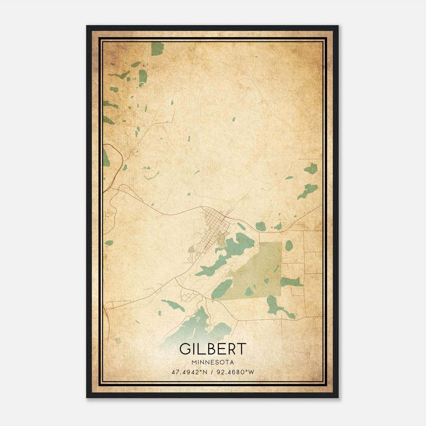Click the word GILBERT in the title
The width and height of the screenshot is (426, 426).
(x=212, y=349)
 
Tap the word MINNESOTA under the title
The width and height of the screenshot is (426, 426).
(x=212, y=362)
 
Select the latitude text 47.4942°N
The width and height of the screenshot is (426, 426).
(x=189, y=372)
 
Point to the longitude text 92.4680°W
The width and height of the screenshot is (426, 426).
(x=235, y=372)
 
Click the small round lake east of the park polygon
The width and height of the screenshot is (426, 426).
(x=289, y=245)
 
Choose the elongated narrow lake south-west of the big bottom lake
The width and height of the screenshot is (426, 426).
(x=173, y=305)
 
